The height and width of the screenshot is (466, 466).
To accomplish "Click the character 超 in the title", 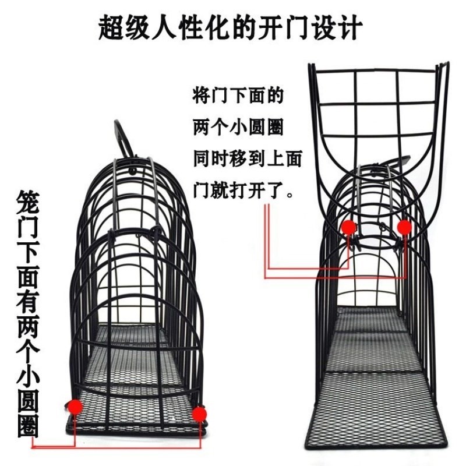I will (114, 27).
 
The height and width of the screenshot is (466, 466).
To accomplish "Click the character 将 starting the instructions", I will (201, 96).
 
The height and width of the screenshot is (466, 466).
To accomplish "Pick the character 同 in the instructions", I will (201, 158).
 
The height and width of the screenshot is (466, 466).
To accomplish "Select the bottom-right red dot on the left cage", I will (199, 414).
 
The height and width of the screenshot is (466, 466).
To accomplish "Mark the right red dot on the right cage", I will (404, 226).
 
